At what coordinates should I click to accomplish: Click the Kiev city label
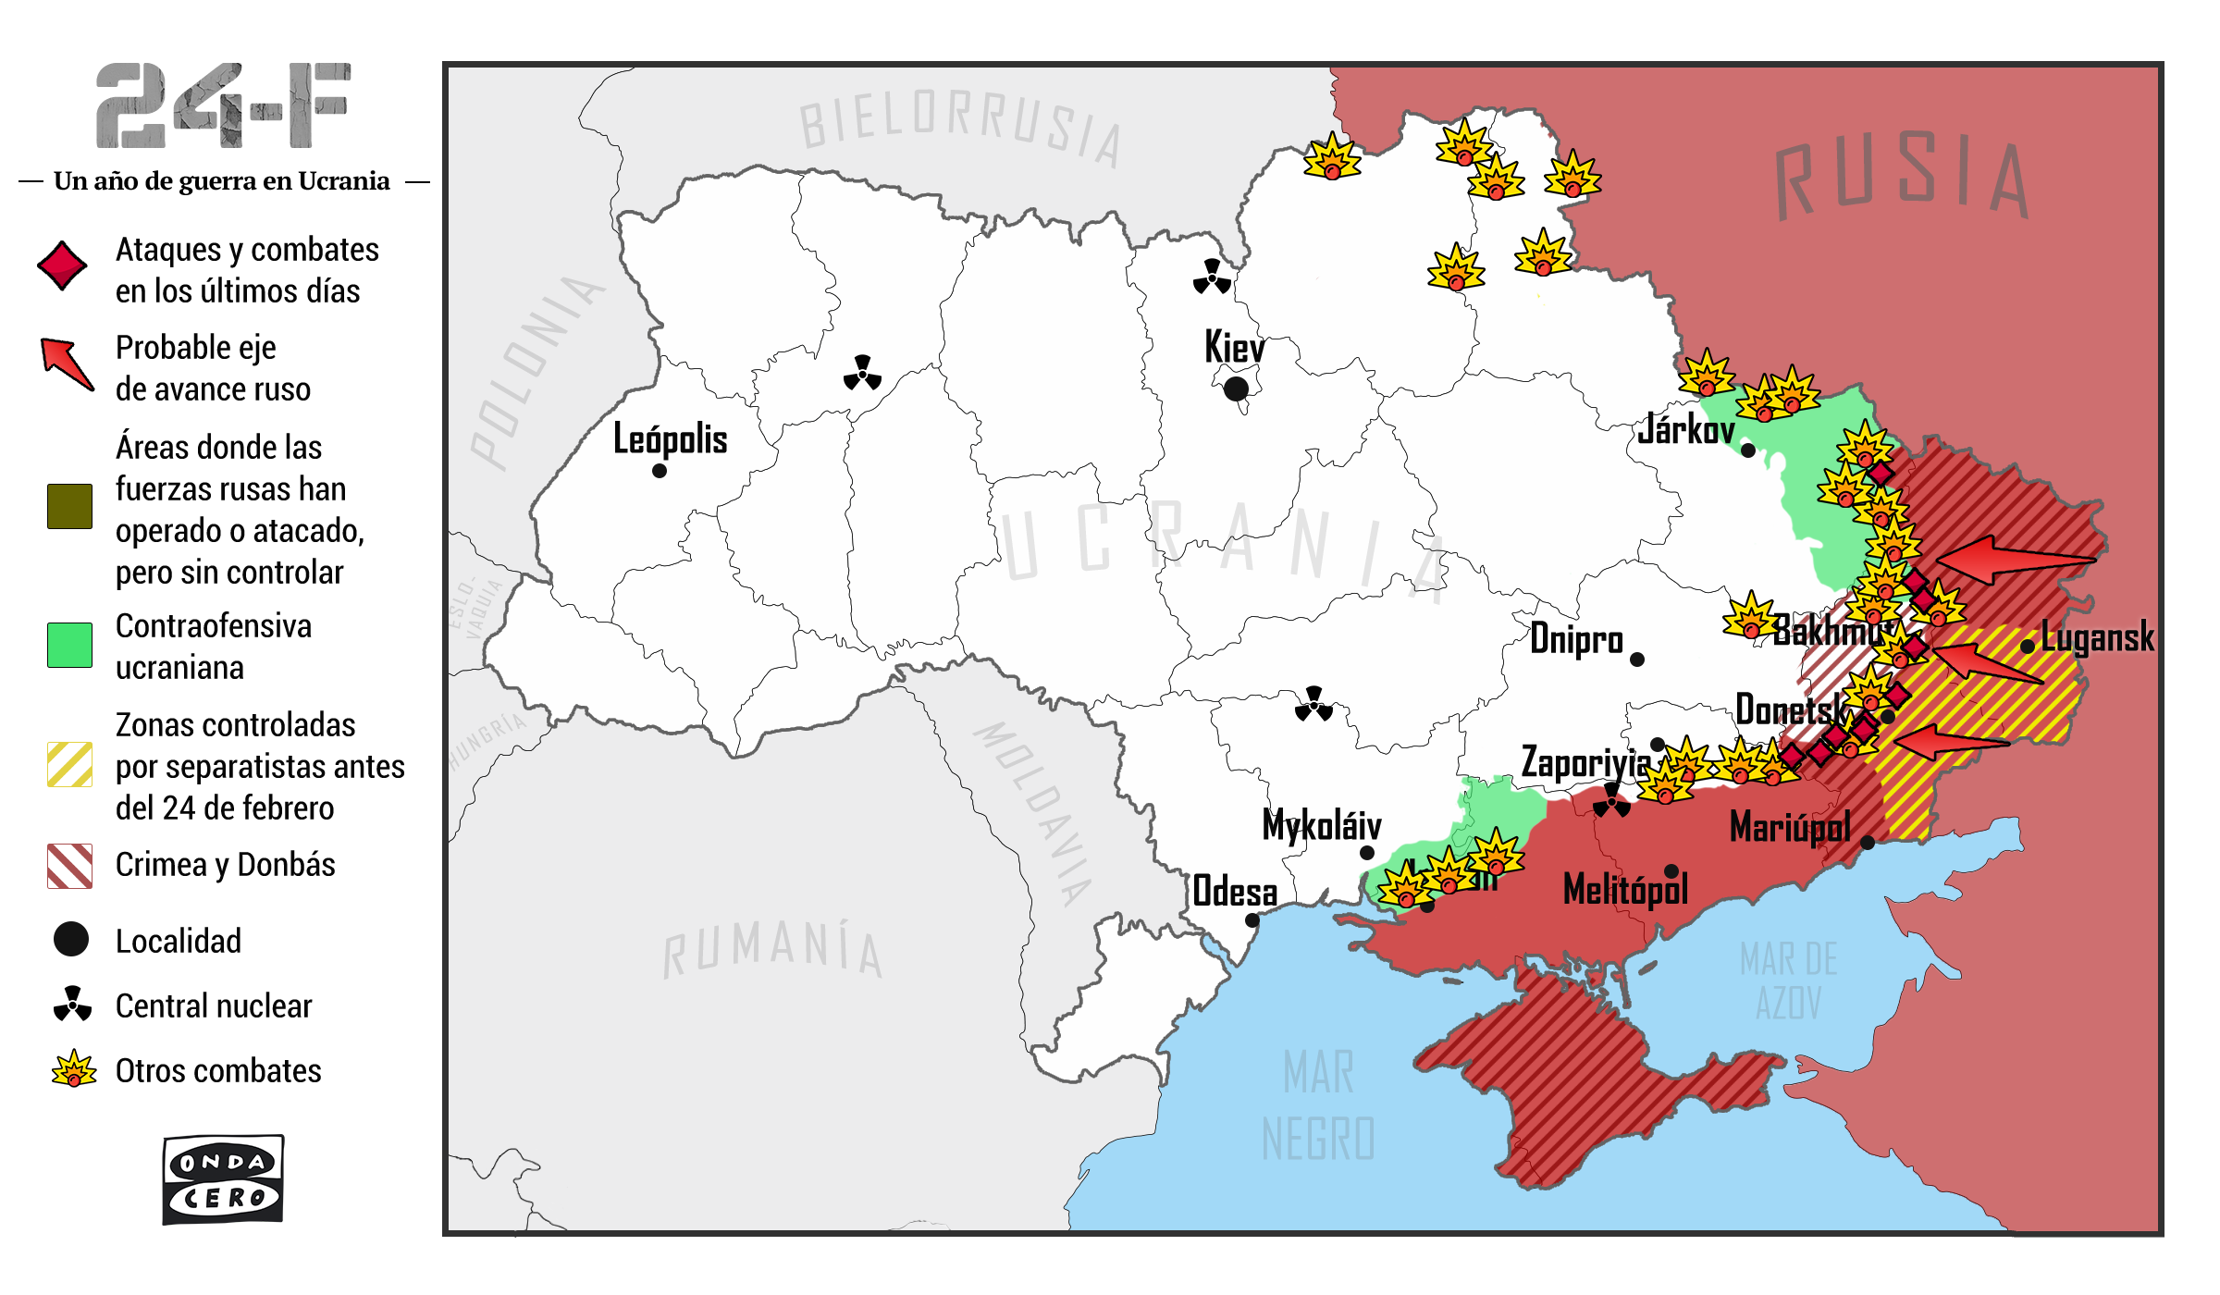tap(1234, 349)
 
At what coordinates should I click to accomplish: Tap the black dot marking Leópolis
tap(660, 471)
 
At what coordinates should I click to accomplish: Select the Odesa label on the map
tap(1235, 892)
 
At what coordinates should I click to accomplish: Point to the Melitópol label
tap(1625, 890)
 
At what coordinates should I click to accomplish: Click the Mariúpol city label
tap(1790, 827)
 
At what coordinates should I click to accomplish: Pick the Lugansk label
tap(2097, 637)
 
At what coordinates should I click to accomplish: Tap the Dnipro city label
tap(1576, 639)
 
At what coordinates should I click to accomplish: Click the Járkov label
tap(1685, 430)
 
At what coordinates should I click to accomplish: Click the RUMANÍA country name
tap(773, 948)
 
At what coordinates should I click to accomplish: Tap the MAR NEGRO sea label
tap(1318, 1105)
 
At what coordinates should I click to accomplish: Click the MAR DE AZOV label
tap(1789, 980)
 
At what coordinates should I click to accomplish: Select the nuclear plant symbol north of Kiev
tap(1212, 277)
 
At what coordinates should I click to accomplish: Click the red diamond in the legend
tap(62, 266)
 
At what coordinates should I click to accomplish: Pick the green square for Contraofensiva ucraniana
tap(69, 645)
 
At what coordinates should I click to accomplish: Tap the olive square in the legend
tap(69, 506)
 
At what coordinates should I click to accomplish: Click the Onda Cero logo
tap(223, 1179)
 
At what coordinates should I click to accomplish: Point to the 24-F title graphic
tap(223, 105)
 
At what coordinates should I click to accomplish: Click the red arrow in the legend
tap(67, 364)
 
